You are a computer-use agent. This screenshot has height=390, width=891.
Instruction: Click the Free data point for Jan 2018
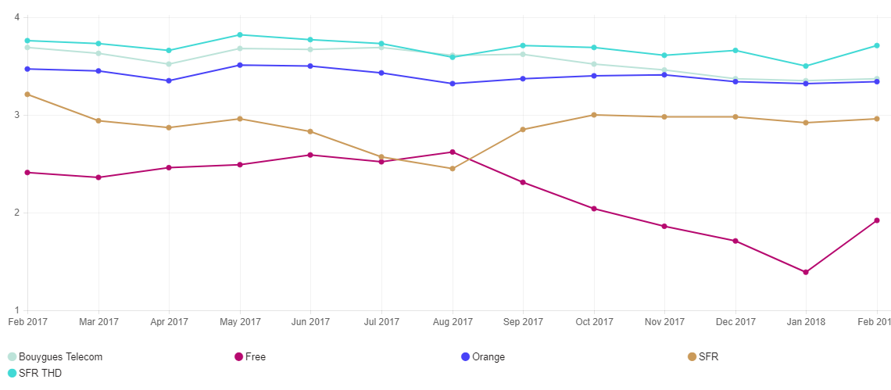pyautogui.click(x=806, y=272)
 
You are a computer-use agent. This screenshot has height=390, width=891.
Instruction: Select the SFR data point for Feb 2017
pyautogui.click(x=27, y=95)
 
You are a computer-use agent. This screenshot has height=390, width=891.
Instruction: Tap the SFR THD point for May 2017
pyautogui.click(x=240, y=34)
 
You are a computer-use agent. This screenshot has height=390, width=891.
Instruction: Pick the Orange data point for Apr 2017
pyautogui.click(x=169, y=81)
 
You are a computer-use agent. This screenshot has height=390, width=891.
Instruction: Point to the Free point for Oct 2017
pyautogui.click(x=594, y=209)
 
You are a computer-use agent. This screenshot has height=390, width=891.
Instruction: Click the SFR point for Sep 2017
pyautogui.click(x=523, y=130)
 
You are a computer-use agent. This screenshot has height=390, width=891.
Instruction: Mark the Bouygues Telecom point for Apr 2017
pyautogui.click(x=169, y=64)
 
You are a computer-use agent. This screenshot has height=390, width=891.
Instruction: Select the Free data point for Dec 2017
pyautogui.click(x=735, y=241)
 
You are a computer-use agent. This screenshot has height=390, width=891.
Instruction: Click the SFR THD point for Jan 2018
pyautogui.click(x=806, y=66)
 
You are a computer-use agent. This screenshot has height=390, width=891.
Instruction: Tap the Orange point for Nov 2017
pyautogui.click(x=664, y=75)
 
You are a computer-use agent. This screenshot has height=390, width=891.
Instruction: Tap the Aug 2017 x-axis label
pyautogui.click(x=453, y=322)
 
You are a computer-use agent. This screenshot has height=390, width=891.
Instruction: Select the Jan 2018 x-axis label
pyautogui.click(x=806, y=322)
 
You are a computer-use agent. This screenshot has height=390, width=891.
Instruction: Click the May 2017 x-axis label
pyautogui.click(x=240, y=322)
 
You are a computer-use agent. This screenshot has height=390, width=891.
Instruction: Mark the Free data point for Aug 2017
pyautogui.click(x=453, y=152)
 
